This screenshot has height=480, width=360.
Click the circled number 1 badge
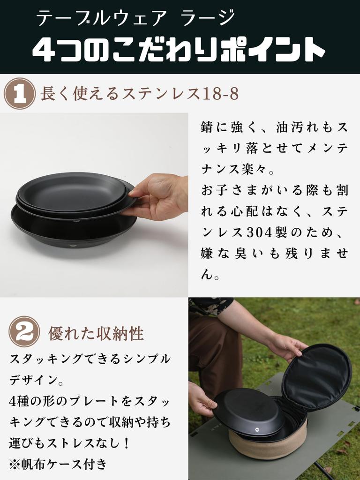(x=19, y=94)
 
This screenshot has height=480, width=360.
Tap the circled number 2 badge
(x=24, y=332)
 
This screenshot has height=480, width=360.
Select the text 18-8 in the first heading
(x=221, y=94)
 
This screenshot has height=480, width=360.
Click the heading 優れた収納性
(x=96, y=333)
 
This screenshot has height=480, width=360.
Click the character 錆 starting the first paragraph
(x=207, y=127)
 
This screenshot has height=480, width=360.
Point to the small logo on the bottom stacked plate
(x=73, y=245)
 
